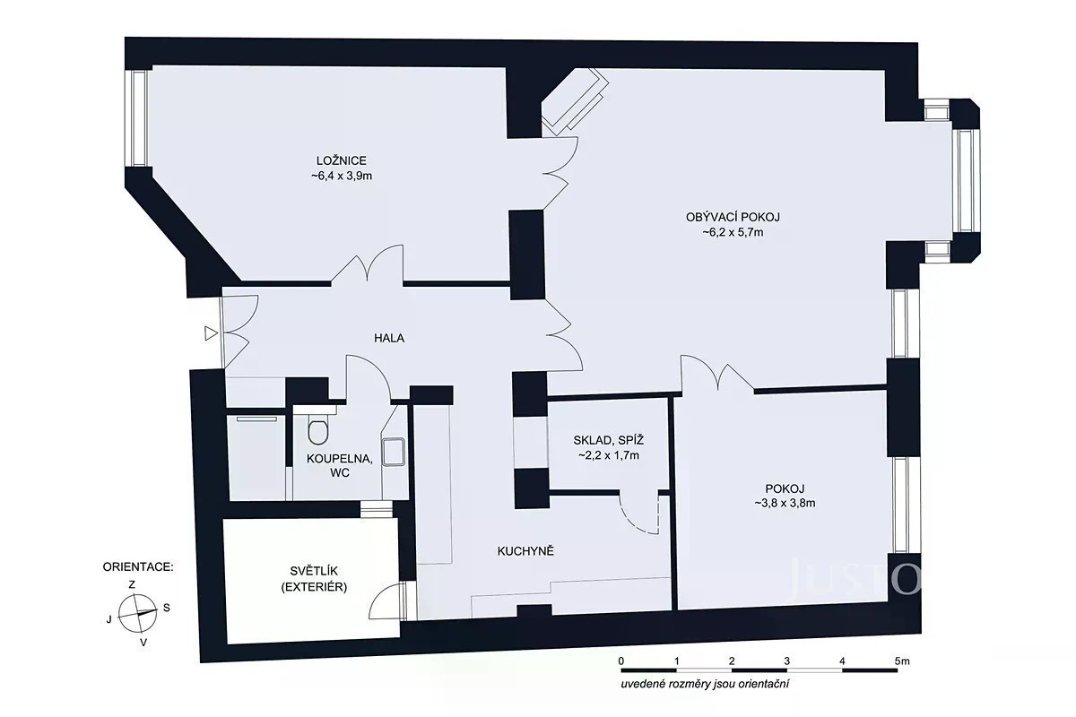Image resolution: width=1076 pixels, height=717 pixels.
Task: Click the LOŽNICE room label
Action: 342,160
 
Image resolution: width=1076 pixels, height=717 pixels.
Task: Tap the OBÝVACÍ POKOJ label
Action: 733,217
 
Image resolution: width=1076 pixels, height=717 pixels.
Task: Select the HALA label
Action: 389,338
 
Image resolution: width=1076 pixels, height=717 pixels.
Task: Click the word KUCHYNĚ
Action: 525,551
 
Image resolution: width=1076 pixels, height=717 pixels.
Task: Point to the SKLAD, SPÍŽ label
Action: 609,440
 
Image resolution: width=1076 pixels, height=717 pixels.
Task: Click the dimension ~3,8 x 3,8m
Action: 785,504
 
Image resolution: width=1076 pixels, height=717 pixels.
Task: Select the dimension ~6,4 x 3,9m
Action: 342,176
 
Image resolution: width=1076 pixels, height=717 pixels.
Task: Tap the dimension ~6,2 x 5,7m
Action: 733,232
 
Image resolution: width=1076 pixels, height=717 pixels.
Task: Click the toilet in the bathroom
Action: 317,428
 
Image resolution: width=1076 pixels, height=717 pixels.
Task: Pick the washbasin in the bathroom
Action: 394,452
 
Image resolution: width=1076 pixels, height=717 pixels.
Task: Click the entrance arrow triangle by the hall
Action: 212,333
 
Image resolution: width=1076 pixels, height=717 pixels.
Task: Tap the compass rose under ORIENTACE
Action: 137,613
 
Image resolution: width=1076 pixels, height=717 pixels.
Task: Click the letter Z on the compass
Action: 132,585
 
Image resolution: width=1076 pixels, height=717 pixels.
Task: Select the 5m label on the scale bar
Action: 902,661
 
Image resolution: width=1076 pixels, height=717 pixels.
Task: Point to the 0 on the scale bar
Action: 621,661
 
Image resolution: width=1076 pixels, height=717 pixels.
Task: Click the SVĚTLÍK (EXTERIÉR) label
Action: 314,579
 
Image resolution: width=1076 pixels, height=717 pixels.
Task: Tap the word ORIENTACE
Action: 138,567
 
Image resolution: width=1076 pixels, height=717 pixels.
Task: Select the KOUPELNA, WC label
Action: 340,466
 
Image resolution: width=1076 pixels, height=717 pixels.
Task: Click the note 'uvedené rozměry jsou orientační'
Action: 705,684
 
